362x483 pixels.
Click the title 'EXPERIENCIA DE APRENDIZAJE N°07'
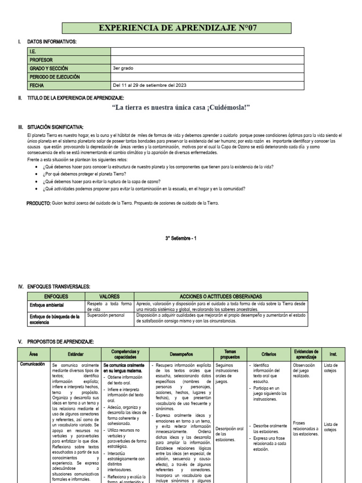pos(178,28)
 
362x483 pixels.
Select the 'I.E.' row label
pos(33,51)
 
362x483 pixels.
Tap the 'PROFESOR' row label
pos(41,60)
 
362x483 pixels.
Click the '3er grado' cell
pos(123,68)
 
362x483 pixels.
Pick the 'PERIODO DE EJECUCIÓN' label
pos(55,77)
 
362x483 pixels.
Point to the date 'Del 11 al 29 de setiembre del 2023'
pos(149,85)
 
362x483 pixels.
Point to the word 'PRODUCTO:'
pos(38,203)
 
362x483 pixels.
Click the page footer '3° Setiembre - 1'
pos(181,238)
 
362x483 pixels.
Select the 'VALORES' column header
pos(109,296)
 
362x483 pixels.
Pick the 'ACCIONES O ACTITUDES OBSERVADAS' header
pos(220,296)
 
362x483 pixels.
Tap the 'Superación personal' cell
pos(107,316)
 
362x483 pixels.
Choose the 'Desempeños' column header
pos(181,354)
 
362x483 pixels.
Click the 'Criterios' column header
pos(269,354)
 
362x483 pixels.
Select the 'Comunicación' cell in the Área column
pos(33,364)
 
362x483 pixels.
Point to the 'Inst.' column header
pos(333,354)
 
